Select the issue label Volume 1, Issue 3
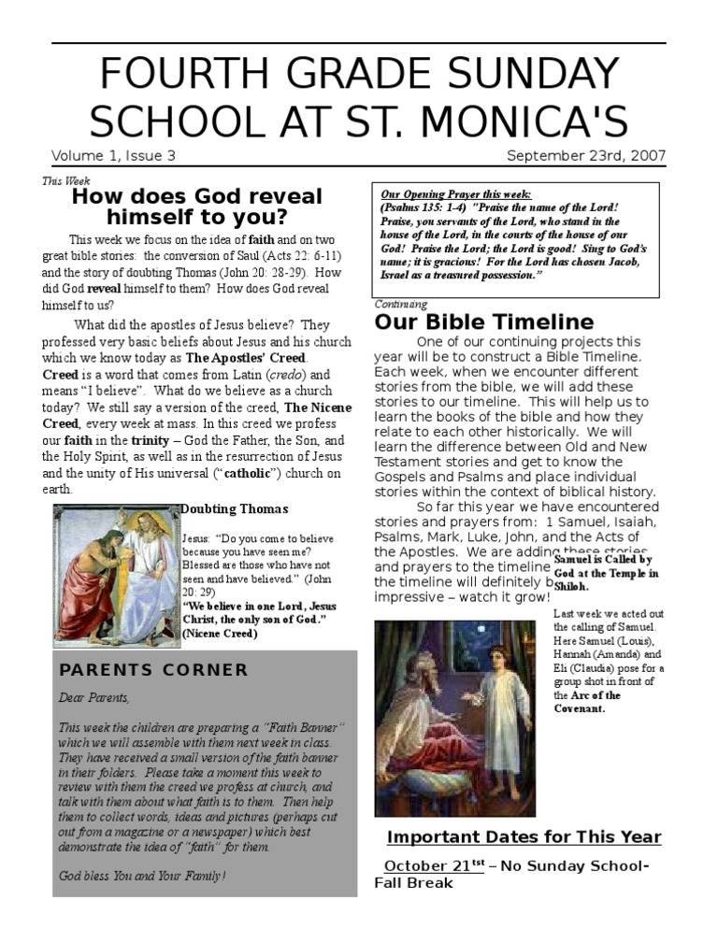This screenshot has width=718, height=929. (113, 156)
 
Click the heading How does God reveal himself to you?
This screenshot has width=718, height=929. (196, 207)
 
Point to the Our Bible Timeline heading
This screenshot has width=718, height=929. (483, 322)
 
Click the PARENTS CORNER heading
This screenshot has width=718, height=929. (153, 670)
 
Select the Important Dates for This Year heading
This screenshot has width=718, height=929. (524, 837)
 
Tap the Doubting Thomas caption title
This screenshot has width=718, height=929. (234, 509)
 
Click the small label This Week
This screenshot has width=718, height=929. (65, 181)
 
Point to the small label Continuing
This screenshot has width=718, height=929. (400, 304)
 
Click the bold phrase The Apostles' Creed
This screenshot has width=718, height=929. (244, 357)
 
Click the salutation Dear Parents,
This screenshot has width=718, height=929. (94, 697)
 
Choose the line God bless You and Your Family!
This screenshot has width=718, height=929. (142, 876)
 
